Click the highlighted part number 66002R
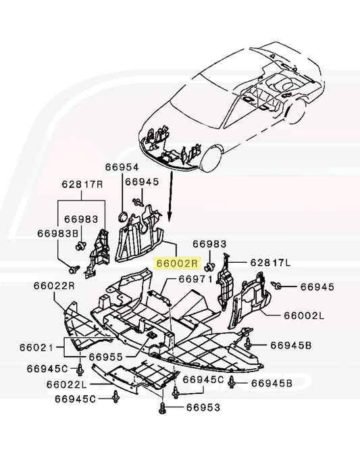[176, 263]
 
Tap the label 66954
[122, 167]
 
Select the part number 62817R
[82, 184]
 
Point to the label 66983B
[58, 234]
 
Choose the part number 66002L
[304, 316]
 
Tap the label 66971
[196, 279]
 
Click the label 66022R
[54, 286]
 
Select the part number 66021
[36, 347]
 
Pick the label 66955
[105, 357]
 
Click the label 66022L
[67, 384]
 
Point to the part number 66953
[203, 407]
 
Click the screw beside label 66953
[162, 407]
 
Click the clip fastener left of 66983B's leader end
[74, 270]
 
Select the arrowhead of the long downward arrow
[170, 217]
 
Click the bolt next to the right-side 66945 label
[276, 286]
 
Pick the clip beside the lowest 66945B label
[232, 382]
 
